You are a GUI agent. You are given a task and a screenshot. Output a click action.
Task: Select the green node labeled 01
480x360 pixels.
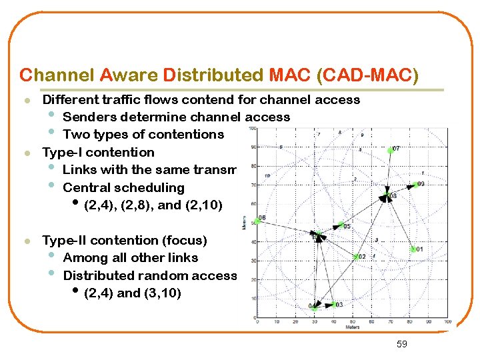[x=413, y=249]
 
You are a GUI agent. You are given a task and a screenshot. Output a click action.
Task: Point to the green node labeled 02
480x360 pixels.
[x=355, y=256]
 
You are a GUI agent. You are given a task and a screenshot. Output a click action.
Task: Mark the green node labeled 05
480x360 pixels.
[x=339, y=225]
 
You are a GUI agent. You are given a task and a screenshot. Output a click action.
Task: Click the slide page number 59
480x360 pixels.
[x=401, y=343]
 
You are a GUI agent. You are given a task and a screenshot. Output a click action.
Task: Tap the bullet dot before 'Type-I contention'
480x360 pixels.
[x=26, y=153]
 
